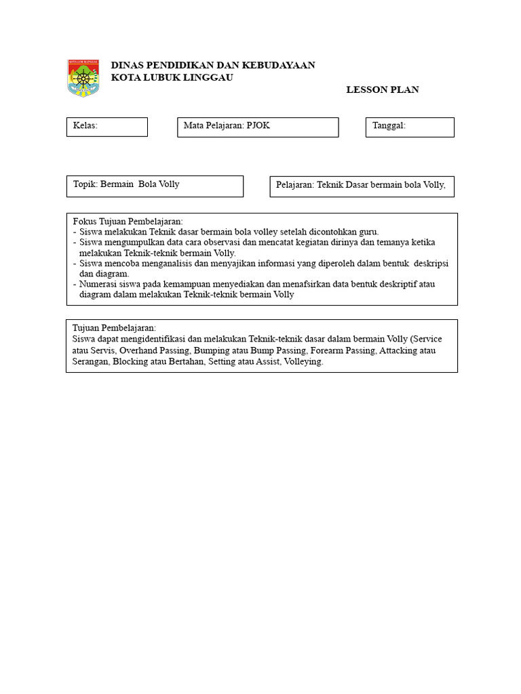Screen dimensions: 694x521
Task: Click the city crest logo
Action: click(83, 78)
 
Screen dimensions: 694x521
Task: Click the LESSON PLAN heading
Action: click(382, 89)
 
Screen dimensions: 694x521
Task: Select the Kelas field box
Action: click(107, 127)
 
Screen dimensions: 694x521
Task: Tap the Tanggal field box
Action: click(410, 127)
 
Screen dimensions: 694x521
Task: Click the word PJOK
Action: click(258, 125)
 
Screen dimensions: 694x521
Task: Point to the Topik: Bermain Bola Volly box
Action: click(155, 186)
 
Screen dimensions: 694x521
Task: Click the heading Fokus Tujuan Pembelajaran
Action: click(128, 222)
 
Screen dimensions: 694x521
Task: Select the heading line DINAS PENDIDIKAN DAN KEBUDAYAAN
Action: click(212, 65)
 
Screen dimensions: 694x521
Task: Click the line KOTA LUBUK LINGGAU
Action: click(172, 77)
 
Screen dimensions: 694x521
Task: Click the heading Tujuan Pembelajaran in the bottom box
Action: click(114, 328)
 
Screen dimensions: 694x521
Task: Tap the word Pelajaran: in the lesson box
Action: click(295, 185)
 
